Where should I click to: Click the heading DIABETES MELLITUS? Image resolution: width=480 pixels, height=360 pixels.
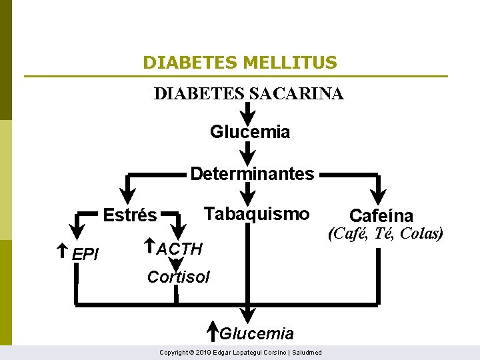[240, 63]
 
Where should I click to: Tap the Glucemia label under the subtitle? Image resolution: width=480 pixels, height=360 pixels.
[250, 132]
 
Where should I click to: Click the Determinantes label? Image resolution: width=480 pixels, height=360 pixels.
[251, 174]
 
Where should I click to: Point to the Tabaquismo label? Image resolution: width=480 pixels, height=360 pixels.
[257, 213]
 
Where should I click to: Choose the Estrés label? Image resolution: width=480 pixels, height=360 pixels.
[130, 215]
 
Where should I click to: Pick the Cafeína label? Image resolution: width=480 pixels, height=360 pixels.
[381, 215]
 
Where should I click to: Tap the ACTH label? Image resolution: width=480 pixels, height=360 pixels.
[179, 249]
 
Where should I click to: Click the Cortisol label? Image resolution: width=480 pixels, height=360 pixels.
[178, 277]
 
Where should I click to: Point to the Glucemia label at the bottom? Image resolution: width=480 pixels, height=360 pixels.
[257, 333]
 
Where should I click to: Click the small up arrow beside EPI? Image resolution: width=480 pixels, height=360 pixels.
[62, 251]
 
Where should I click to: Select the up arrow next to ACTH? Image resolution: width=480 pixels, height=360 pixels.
[150, 247]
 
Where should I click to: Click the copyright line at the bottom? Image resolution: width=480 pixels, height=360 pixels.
[240, 352]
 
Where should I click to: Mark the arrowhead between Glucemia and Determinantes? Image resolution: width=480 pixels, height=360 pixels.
[247, 156]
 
